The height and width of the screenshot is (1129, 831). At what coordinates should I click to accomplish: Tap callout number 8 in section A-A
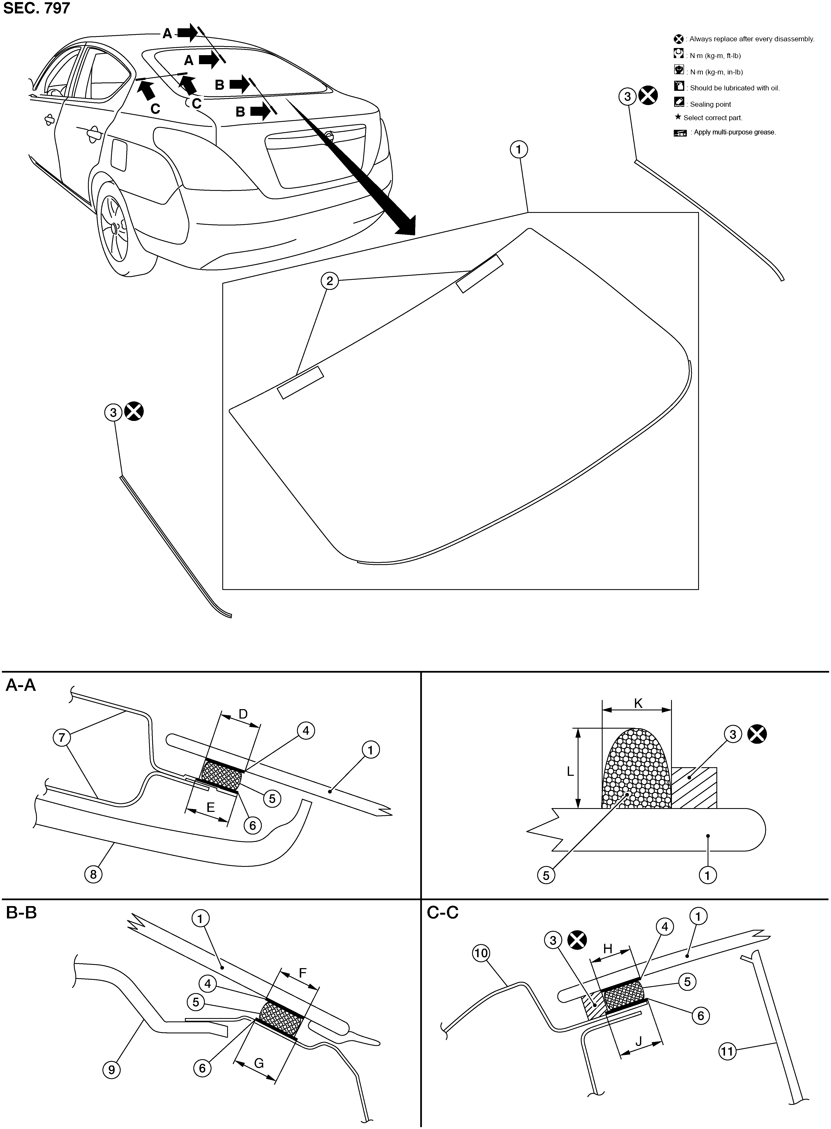click(x=93, y=874)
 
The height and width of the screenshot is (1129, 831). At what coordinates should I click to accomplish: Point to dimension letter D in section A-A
click(x=243, y=714)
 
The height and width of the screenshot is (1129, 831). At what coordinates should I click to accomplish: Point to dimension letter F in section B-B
click(x=302, y=973)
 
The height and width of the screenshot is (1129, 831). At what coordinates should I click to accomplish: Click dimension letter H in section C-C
click(x=608, y=949)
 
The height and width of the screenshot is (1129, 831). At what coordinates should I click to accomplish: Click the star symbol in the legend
click(x=678, y=117)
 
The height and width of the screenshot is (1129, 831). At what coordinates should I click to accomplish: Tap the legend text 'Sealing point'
click(x=710, y=105)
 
